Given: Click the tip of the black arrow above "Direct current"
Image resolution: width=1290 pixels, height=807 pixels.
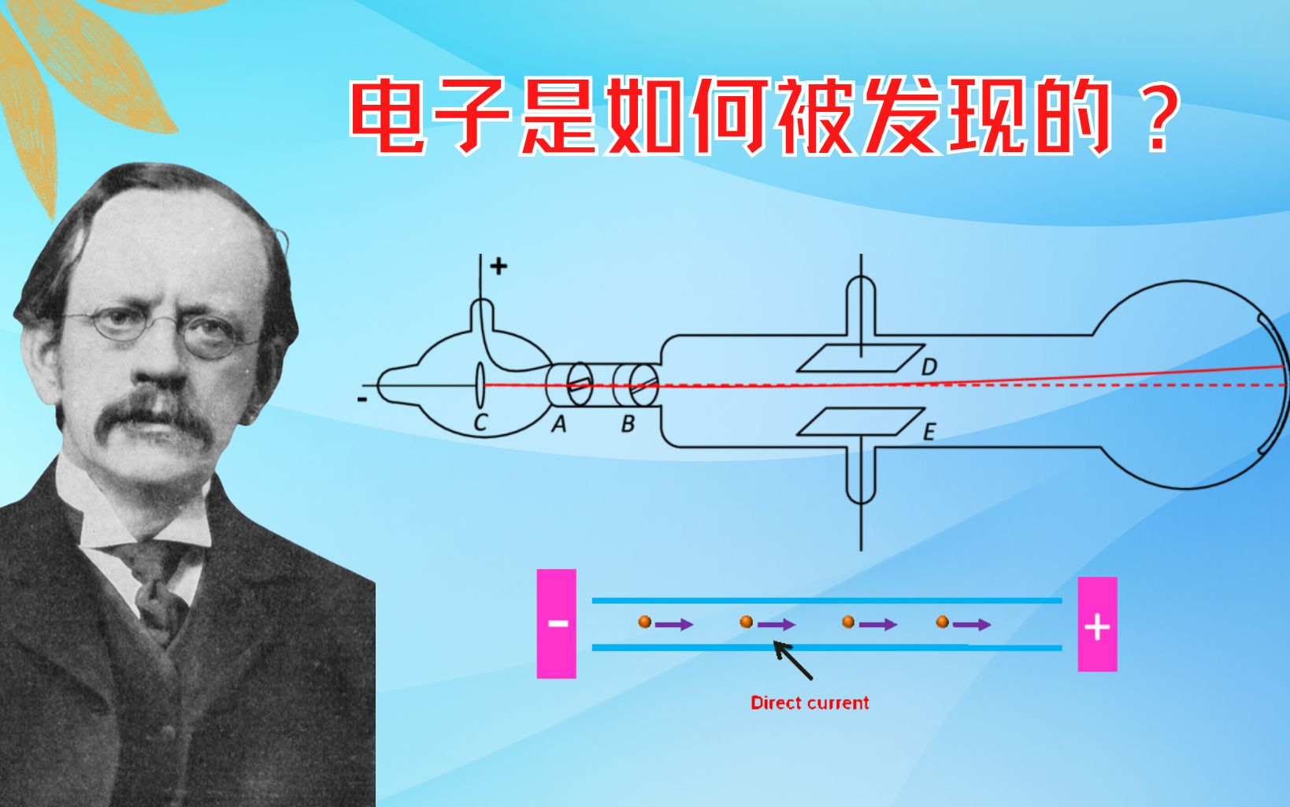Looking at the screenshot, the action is [774, 642].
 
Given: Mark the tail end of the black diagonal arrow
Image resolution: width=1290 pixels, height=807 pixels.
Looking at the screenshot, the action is [811, 679].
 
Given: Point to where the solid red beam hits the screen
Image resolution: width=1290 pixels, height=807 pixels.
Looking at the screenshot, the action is [1284, 366].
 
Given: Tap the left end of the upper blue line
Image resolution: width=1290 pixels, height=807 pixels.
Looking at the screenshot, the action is [592, 601].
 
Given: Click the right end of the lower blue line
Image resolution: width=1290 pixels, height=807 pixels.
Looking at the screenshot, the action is [1062, 648].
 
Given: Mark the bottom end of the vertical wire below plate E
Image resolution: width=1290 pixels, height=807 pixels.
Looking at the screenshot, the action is [861, 551].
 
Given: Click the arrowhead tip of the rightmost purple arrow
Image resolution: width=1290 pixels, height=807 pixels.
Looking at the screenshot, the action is [991, 624].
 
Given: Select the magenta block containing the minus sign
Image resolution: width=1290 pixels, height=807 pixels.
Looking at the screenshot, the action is [556, 623].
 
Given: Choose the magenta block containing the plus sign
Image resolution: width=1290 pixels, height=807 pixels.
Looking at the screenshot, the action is [1098, 624].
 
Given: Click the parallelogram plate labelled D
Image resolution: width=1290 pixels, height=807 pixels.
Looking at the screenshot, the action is [861, 358].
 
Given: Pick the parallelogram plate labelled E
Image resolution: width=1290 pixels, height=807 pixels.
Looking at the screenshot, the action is [861, 422].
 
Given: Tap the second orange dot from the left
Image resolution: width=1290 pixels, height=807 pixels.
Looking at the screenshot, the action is [747, 622].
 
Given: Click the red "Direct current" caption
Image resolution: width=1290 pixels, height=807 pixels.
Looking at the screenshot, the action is [810, 703].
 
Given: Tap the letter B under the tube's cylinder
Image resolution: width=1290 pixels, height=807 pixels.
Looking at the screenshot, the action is [628, 424].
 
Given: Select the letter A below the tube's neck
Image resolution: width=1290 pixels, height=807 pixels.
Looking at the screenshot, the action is [558, 424].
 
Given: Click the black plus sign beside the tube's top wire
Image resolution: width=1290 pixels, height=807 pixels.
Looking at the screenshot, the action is [499, 266].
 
